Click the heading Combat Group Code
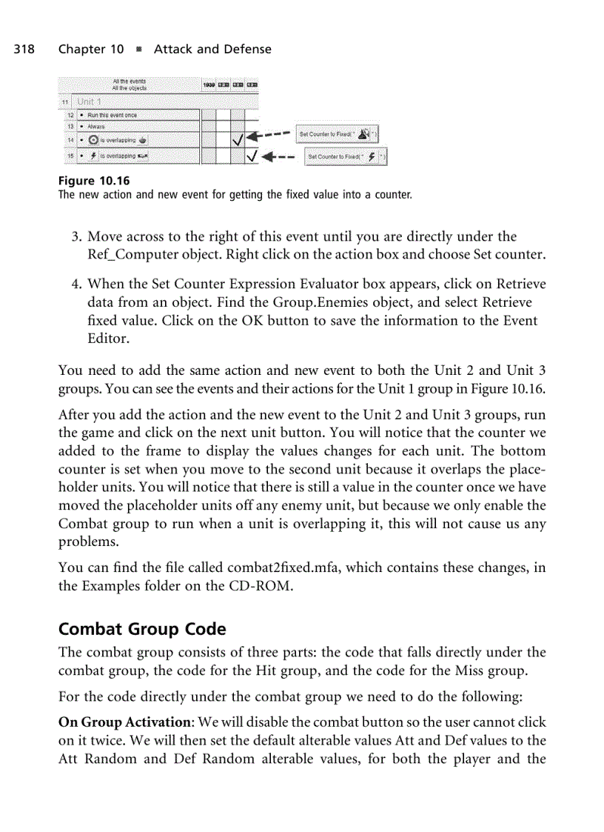pos(142,629)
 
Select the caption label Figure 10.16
pos(88,181)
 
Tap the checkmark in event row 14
pos(238,138)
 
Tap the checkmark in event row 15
pos(252,156)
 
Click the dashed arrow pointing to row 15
pos(279,157)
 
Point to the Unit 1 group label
pos(89,101)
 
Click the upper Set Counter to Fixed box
pos(337,134)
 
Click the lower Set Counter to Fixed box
pos(346,156)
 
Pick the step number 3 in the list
pos(75,237)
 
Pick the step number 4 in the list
pos(75,284)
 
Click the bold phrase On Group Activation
pos(123,722)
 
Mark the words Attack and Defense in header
pos(212,50)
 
